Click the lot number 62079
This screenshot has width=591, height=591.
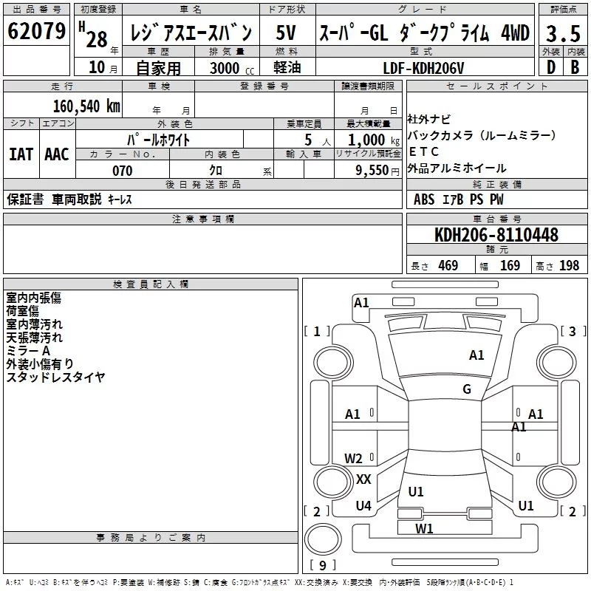point(36,31)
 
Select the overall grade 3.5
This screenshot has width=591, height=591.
point(563,33)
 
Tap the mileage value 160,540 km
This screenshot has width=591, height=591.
point(86,106)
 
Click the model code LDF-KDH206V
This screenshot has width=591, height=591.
point(423,68)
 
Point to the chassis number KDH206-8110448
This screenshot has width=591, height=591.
point(496,234)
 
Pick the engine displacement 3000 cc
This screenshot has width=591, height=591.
point(232,68)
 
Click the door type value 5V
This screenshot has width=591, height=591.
point(286,33)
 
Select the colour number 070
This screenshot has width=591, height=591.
point(123,171)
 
